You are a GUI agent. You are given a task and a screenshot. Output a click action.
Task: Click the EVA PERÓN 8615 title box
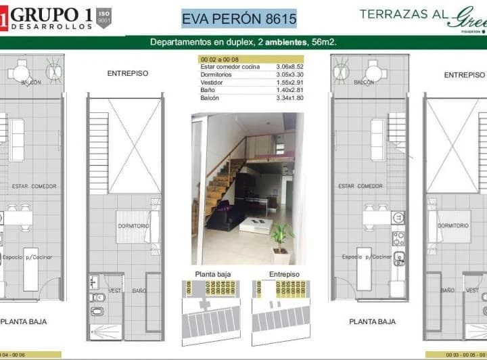(239, 18)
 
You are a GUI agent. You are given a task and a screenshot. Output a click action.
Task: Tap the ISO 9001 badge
(103, 16)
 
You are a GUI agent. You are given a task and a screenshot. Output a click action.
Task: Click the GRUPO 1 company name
(51, 13)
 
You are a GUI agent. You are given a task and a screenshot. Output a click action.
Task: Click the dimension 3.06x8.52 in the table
(289, 67)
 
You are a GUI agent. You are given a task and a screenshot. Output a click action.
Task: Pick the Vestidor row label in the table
(212, 83)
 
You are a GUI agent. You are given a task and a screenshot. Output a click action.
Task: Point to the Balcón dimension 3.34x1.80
(289, 98)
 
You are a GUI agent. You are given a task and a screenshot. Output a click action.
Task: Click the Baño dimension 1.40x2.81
(289, 90)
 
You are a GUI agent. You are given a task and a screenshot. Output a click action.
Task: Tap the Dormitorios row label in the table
(216, 74)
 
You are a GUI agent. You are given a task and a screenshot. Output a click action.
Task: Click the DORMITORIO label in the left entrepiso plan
(133, 225)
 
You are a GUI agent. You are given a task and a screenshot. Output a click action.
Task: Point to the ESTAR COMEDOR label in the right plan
(361, 186)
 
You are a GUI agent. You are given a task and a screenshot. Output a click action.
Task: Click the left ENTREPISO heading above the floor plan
(127, 73)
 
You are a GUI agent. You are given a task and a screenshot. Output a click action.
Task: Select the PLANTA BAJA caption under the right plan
(372, 321)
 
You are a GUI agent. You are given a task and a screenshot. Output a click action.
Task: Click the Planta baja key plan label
(212, 274)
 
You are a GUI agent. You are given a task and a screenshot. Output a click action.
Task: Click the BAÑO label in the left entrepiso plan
(139, 291)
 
